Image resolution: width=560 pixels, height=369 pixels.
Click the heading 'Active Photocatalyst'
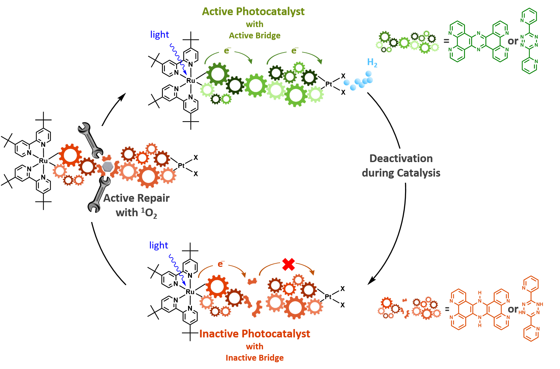point(253,12)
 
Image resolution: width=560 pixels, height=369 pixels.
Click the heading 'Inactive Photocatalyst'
point(254,334)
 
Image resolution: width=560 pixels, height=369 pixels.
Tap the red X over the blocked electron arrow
point(288,264)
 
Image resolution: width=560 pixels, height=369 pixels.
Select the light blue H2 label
point(372,62)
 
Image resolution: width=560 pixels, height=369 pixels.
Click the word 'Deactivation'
point(401,159)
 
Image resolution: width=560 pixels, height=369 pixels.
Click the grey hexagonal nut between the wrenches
point(107,167)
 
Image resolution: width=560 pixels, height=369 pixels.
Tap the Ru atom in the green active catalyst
point(191,81)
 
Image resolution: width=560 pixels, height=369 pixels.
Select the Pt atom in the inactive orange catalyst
point(328,296)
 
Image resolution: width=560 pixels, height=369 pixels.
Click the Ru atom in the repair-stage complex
point(43,160)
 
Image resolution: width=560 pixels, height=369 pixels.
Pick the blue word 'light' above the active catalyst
point(159,34)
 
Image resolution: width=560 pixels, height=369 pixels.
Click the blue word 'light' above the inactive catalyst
point(158,245)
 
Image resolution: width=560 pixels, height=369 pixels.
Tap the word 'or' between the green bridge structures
point(513,41)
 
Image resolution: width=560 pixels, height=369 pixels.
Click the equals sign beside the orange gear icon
point(447,309)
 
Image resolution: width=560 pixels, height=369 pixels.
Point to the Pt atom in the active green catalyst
point(328,84)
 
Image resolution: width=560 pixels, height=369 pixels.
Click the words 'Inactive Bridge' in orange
point(254,358)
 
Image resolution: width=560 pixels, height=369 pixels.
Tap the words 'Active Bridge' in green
point(254,35)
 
